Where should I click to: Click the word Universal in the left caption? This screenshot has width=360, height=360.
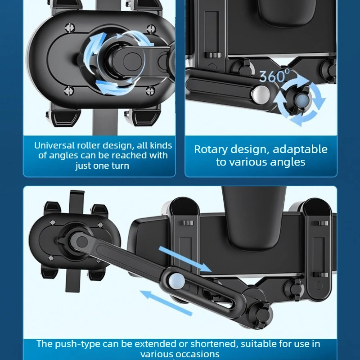click(54, 145)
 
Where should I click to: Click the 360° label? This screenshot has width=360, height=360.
click(274, 76)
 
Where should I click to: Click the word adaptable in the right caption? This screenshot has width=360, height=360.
click(300, 149)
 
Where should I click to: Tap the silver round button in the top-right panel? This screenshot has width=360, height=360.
click(261, 94)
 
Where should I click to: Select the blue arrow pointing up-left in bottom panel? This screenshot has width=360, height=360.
click(166, 303)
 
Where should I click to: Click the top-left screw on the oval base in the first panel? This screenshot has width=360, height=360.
click(70, 27)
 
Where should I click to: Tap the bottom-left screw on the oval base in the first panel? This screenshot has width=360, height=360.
click(69, 90)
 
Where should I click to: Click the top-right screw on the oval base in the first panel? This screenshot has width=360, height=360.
click(151, 28)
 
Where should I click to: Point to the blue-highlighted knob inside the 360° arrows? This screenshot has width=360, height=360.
click(302, 100)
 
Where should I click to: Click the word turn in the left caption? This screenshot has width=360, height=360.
click(120, 166)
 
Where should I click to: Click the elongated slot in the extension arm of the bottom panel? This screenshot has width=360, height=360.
click(218, 296)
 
